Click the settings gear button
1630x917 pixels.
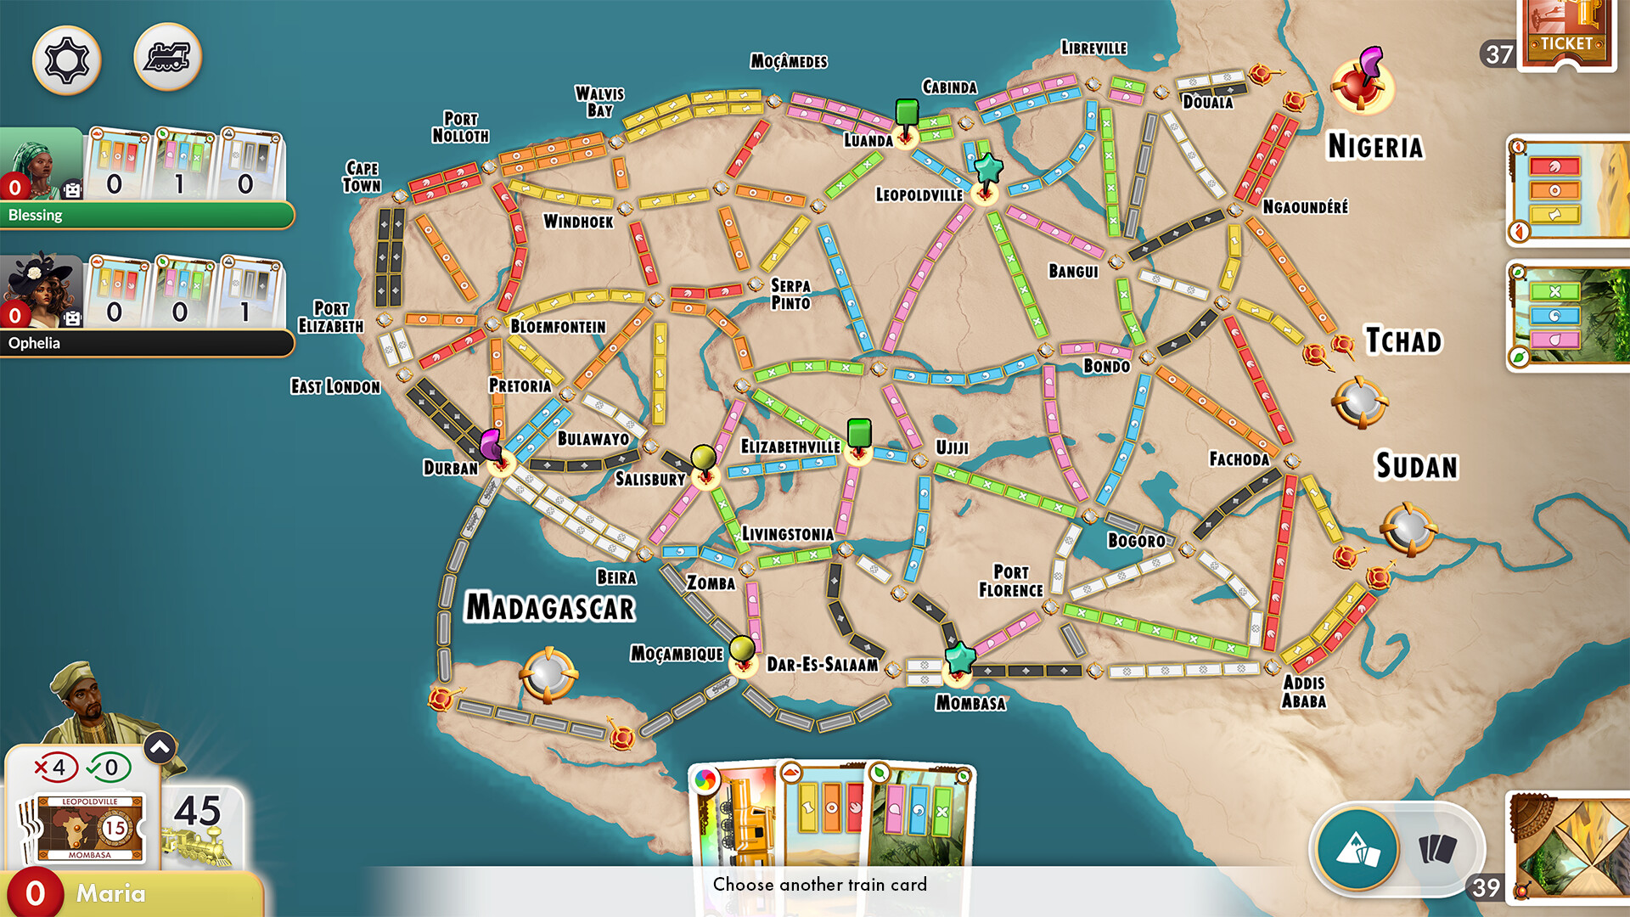66,59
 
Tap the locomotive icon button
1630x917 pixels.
167,57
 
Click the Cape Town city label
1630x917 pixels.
362,177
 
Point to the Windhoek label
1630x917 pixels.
578,222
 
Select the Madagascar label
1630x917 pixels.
550,608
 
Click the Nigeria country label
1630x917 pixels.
1374,147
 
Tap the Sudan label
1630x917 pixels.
1416,466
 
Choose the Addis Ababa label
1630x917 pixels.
1303,691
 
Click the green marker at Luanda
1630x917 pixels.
907,113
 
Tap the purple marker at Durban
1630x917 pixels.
491,443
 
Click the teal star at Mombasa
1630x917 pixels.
960,656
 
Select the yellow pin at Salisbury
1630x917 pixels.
703,458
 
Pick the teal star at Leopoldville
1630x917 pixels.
987,168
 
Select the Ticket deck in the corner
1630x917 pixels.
1566,34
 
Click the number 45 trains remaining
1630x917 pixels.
197,812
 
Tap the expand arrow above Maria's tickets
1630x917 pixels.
160,747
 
